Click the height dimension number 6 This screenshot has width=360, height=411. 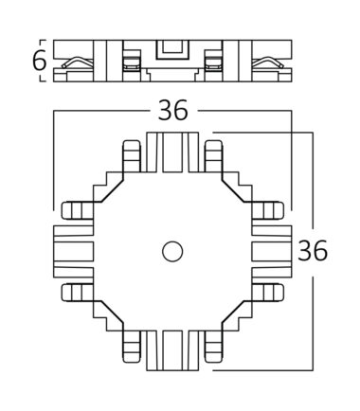[x=39, y=61]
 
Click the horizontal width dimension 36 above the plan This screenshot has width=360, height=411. [x=172, y=110]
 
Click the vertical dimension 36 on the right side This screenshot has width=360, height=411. [x=313, y=251]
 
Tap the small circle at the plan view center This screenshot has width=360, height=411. [x=172, y=252]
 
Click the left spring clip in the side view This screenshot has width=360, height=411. [x=78, y=63]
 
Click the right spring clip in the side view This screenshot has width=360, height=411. [x=268, y=63]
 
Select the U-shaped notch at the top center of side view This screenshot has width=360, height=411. [x=172, y=50]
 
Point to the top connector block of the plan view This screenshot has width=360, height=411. [x=172, y=152]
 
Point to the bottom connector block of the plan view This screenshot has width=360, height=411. [x=172, y=350]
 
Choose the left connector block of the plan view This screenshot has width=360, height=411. [x=74, y=252]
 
